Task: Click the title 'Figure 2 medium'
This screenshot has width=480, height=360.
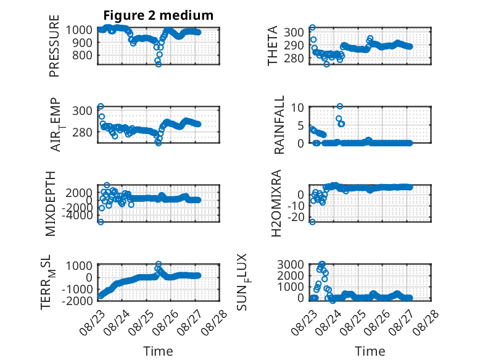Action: click(159, 15)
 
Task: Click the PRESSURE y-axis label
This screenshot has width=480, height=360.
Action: click(54, 46)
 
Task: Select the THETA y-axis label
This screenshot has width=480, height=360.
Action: click(272, 46)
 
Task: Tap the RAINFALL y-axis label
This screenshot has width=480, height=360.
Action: click(279, 125)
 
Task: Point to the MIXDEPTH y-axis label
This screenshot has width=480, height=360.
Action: click(50, 204)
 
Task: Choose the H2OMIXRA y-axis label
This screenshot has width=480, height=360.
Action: click(276, 203)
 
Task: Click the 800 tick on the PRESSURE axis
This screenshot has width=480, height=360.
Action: click(82, 56)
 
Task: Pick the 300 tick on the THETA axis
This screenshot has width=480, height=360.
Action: click(294, 32)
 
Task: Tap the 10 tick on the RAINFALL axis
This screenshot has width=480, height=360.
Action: click(297, 108)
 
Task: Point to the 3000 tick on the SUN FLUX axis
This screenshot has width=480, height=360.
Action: click(291, 264)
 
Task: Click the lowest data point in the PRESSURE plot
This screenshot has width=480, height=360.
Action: click(159, 64)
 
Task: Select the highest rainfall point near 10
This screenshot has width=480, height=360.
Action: click(339, 106)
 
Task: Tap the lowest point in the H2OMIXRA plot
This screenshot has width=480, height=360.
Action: click(312, 222)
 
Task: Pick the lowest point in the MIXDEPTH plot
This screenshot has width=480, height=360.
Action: click(101, 222)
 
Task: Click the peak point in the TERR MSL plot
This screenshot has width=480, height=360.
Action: click(159, 264)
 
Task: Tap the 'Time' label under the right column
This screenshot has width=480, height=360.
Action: click(370, 351)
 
